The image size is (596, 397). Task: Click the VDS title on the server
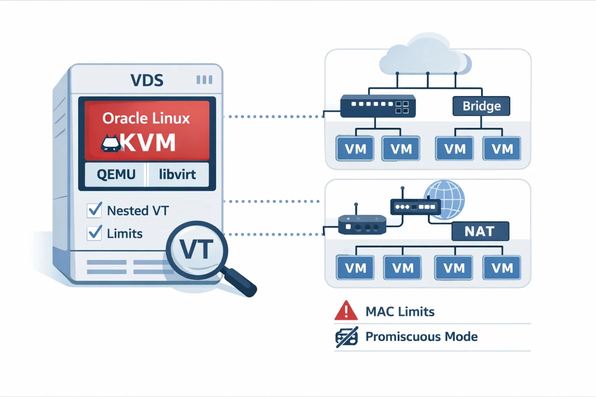(147, 81)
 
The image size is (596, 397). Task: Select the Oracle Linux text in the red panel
(146, 118)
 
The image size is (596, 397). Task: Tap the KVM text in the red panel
(148, 143)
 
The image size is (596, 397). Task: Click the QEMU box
(116, 174)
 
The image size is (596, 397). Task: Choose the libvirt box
(177, 174)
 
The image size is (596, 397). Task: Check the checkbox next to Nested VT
(95, 210)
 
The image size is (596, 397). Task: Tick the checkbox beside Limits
(95, 233)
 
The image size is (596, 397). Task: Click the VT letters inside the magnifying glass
(196, 250)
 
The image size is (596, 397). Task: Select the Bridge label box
(481, 106)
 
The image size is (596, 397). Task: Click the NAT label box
(480, 231)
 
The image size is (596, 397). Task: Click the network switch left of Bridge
(378, 106)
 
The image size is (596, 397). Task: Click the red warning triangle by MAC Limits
(346, 311)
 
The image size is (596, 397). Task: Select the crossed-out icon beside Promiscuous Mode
(346, 337)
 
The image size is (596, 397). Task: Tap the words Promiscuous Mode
(421, 337)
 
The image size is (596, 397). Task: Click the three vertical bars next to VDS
(204, 80)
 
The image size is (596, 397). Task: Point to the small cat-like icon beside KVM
(111, 144)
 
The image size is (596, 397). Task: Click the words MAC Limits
(400, 312)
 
